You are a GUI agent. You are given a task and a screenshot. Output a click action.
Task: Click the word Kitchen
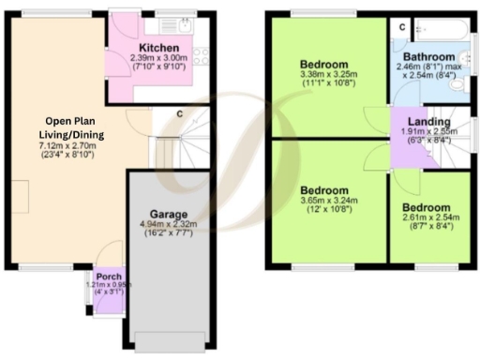[158, 48]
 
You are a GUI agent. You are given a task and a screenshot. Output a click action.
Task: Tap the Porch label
[108, 276]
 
